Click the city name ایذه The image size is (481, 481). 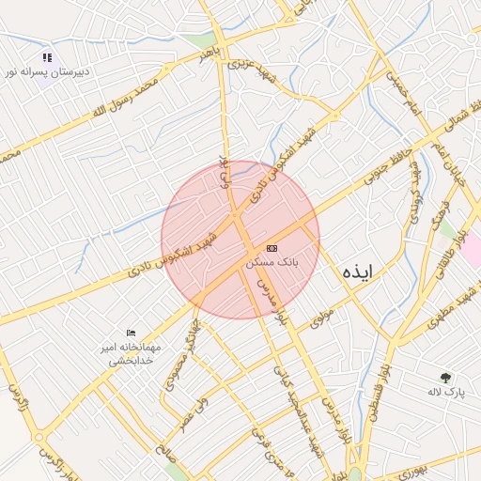[358, 272]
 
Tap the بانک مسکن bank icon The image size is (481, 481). [272, 248]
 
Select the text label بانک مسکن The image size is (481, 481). [272, 264]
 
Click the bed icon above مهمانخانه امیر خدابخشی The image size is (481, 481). [132, 333]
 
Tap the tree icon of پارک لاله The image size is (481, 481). [446, 377]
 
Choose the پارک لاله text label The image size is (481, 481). [446, 391]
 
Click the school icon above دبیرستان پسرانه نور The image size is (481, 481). [47, 57]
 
